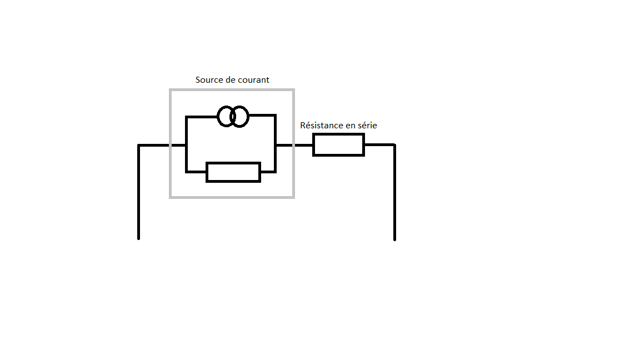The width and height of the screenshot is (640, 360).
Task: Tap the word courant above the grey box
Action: (252, 80)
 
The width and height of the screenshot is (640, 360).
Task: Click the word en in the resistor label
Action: (351, 126)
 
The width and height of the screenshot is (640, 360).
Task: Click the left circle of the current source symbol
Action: (226, 117)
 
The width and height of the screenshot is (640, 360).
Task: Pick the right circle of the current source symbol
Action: (239, 117)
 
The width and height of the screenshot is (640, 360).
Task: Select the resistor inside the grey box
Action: (233, 172)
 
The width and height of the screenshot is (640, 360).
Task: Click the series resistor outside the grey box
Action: (338, 145)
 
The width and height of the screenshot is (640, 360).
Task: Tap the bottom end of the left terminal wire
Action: (138, 238)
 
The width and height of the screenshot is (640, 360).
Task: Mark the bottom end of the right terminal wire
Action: (394, 239)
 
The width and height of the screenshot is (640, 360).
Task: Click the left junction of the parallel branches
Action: (187, 145)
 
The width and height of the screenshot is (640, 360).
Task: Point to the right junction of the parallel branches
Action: (275, 145)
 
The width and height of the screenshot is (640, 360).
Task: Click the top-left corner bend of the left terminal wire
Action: (139, 146)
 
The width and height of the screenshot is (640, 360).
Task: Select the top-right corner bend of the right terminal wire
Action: (394, 145)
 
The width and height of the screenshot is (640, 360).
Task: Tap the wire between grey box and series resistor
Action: (303, 145)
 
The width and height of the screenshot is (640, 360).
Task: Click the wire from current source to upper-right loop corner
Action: (262, 116)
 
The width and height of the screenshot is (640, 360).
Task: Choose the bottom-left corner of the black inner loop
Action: (187, 172)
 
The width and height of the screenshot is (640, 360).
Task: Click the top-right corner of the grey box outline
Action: (293, 90)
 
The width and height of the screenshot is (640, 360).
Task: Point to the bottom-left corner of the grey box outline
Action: (171, 197)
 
